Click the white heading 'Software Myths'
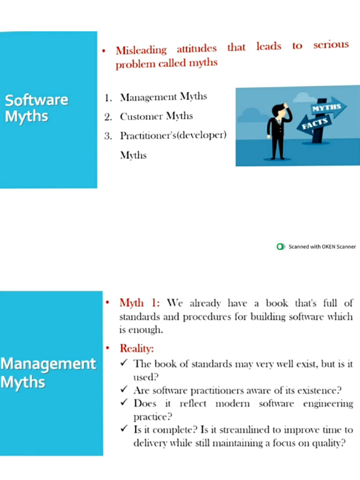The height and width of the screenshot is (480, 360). (x=36, y=107)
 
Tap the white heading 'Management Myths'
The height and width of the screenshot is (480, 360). (x=48, y=373)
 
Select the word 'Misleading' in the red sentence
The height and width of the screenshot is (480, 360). (x=141, y=50)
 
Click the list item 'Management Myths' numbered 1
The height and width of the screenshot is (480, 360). (x=163, y=97)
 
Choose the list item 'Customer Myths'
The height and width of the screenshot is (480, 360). (x=156, y=116)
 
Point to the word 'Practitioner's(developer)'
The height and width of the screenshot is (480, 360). (x=173, y=136)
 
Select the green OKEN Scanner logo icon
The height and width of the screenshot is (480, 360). (x=281, y=247)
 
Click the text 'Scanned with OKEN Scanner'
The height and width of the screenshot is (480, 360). (x=322, y=247)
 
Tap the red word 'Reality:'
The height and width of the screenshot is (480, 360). (x=137, y=349)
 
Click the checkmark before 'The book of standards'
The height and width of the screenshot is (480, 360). (x=124, y=363)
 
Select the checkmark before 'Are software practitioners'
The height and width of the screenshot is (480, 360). (x=124, y=390)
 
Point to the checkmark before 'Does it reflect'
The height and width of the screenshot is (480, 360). (x=124, y=403)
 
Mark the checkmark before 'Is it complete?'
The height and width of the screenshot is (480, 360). (x=124, y=429)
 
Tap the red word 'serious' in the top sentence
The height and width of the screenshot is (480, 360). (x=331, y=45)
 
